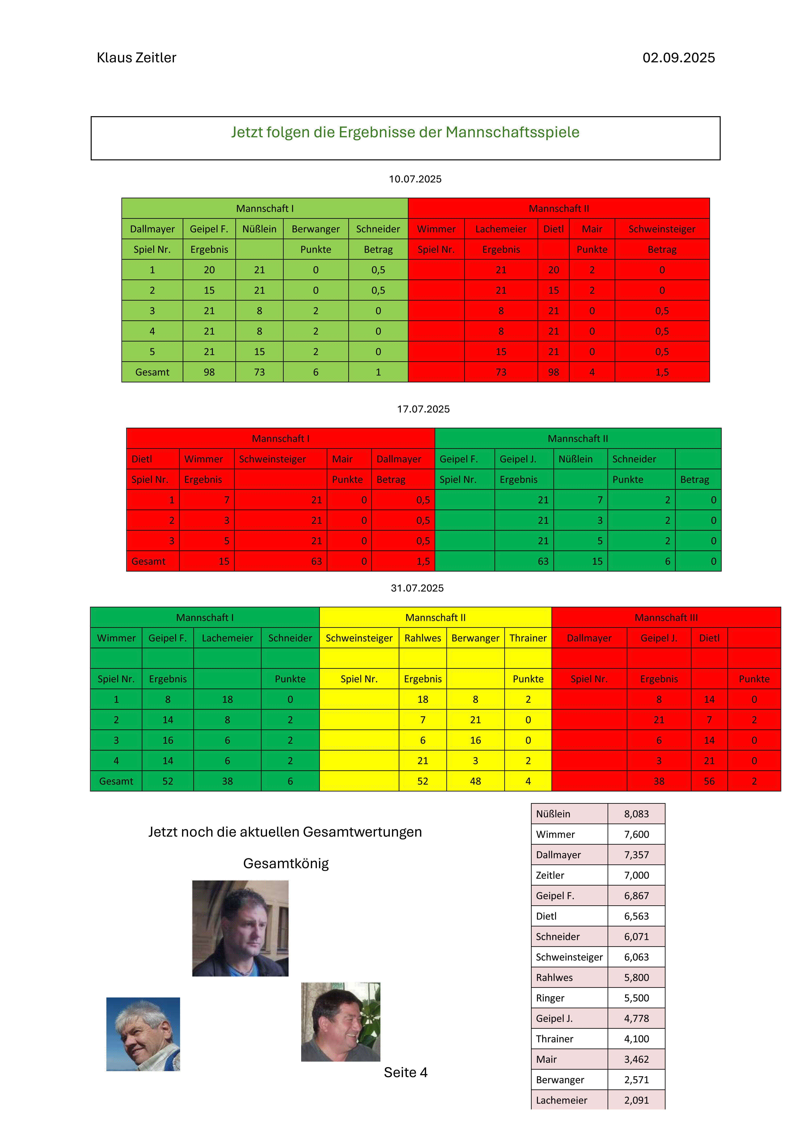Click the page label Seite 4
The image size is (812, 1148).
(x=405, y=1073)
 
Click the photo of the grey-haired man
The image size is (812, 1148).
(x=143, y=1034)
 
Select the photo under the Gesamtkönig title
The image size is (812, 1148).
(x=240, y=929)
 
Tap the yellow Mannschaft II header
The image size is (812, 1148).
(x=435, y=618)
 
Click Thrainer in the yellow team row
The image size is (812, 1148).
(x=528, y=638)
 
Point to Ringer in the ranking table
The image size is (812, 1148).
(x=550, y=998)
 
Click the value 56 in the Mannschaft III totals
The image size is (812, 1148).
(x=709, y=781)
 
